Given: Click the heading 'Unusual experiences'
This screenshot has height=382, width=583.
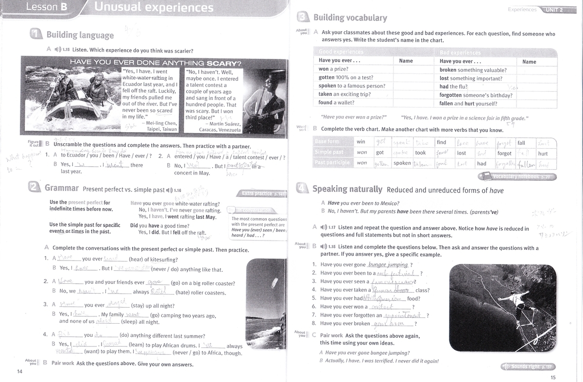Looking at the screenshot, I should coord(154,7).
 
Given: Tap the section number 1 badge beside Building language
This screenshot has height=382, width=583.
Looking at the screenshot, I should coord(35,35).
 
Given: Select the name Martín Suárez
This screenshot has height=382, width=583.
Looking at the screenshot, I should coord(223,123).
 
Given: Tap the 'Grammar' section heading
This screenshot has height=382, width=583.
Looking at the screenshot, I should coord(61,188).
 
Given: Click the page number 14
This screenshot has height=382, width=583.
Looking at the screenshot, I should coord(19,372).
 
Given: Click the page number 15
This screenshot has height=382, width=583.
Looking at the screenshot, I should coord(553,378).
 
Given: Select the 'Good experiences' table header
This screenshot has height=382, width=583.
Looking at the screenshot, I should coord(341,52).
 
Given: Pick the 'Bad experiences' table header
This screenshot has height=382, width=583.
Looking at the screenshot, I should coord(460,52).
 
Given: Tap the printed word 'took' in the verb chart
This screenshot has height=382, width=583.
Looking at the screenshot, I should coord(420,153).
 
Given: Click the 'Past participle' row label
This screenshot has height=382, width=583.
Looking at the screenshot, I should coord(332,163).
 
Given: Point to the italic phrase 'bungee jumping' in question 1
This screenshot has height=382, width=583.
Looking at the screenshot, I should coord(388,264).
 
